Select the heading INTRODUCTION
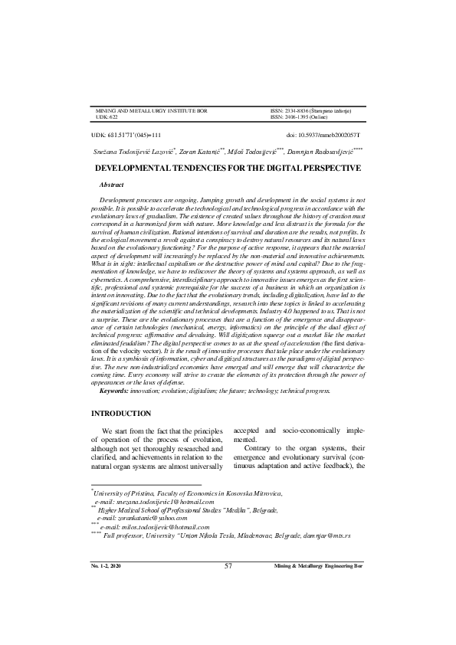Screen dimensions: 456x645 coord(125,414)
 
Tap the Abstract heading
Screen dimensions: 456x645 coord(112,185)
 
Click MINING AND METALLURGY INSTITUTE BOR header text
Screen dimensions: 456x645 coord(150,111)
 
